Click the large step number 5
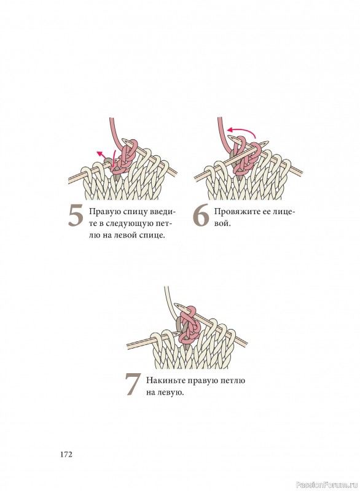[x=76, y=215]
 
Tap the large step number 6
[x=201, y=215]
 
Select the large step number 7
[x=132, y=385]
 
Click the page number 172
[x=66, y=454]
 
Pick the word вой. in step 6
[x=222, y=223]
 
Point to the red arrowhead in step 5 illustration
[x=100, y=153]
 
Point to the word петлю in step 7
[x=233, y=381]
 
